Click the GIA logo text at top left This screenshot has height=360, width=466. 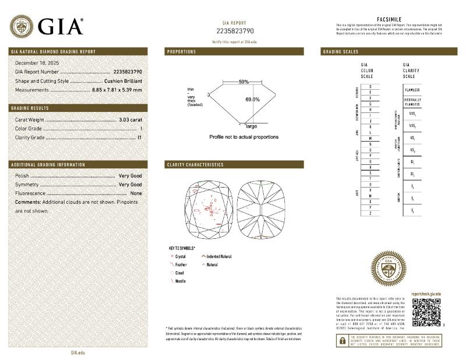(x=61, y=26)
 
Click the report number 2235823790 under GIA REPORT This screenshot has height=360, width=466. (x=235, y=31)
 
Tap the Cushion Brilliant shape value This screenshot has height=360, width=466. (x=123, y=81)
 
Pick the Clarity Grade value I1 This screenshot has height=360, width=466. (x=139, y=137)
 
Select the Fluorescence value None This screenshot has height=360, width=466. (x=136, y=193)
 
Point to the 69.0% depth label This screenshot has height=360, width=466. (x=252, y=100)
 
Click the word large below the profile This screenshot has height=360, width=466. (x=252, y=126)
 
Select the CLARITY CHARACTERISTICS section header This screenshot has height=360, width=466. (x=195, y=165)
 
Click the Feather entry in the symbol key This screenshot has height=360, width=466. (x=181, y=264)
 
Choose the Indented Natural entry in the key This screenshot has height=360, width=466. (x=219, y=256)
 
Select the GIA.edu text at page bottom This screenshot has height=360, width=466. (x=78, y=352)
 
